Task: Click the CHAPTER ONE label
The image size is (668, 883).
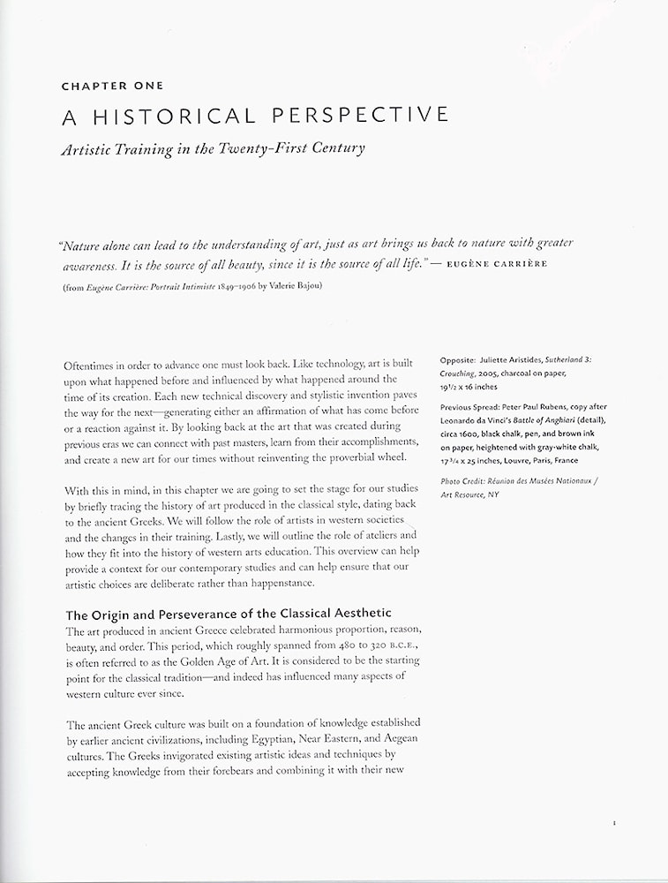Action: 112,86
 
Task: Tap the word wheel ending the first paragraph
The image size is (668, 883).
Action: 388,457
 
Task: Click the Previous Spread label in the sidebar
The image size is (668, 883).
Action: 475,406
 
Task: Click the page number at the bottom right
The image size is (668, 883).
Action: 613,823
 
